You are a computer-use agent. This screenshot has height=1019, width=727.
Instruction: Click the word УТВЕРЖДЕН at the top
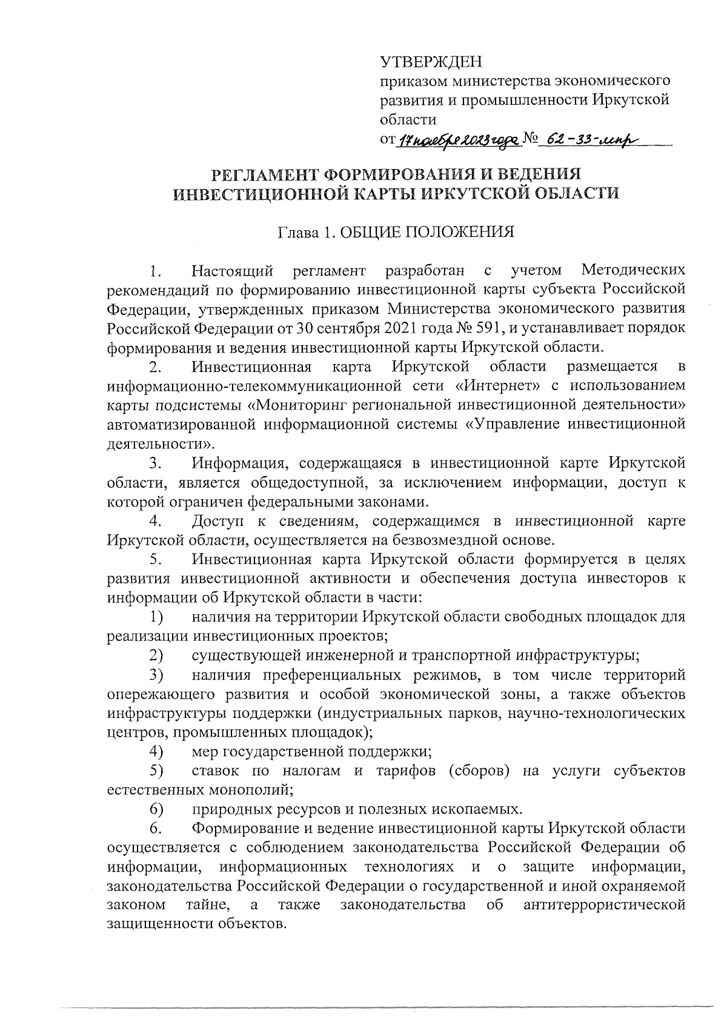pyautogui.click(x=432, y=62)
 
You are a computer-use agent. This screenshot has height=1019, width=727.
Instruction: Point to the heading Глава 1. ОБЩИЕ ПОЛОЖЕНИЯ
pyautogui.click(x=396, y=233)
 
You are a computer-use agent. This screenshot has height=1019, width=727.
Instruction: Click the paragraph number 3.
pyautogui.click(x=155, y=463)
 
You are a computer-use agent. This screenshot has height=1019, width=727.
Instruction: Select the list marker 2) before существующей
pyautogui.click(x=158, y=656)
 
